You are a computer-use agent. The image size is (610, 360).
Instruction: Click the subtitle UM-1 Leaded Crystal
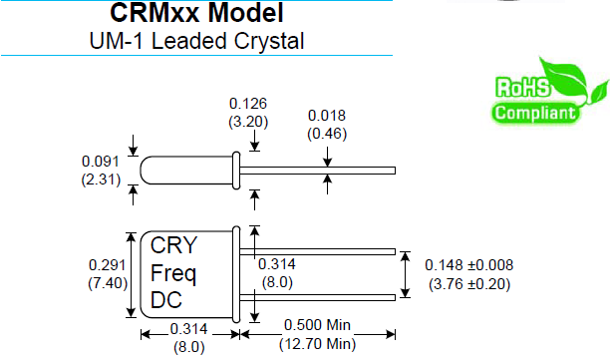click(196, 41)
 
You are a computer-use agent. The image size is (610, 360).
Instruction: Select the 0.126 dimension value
click(248, 103)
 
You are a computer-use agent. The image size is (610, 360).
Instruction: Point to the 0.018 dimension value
click(326, 115)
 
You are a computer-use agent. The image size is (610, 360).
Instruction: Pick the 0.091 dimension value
click(99, 161)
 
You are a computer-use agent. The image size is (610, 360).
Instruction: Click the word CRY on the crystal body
click(173, 246)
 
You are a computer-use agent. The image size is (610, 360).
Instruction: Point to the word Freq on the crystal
click(174, 272)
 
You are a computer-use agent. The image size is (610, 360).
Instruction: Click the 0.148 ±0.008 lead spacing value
click(468, 266)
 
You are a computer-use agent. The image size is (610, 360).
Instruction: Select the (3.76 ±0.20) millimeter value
click(468, 283)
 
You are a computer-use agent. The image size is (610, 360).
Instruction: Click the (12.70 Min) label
click(318, 344)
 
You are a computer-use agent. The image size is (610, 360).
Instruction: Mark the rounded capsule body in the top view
click(185, 170)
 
